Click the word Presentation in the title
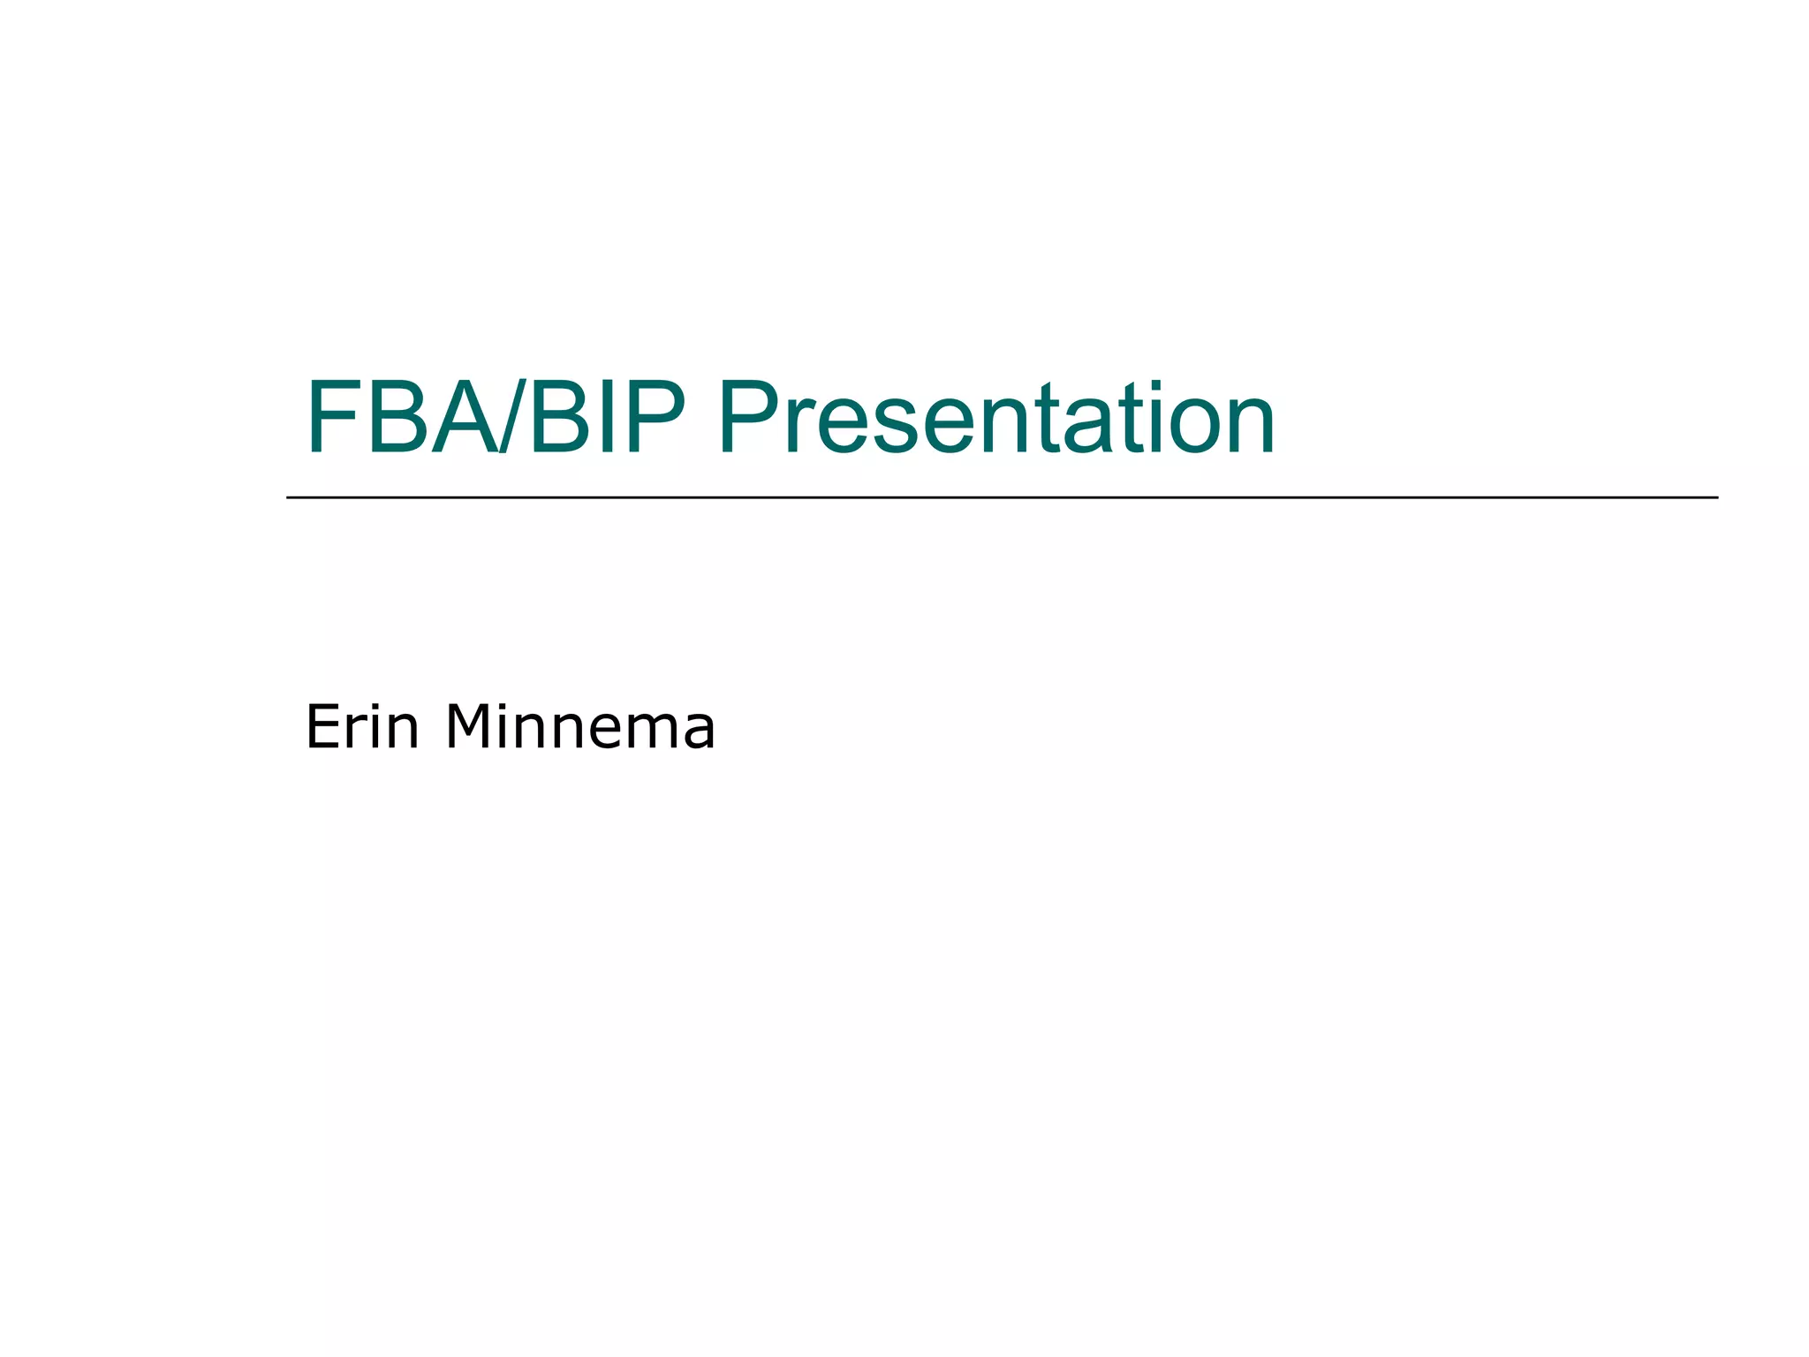(996, 417)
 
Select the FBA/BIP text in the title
(495, 417)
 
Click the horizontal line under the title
(1002, 497)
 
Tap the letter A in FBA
(462, 417)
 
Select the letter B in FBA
(398, 417)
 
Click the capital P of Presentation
(749, 417)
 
